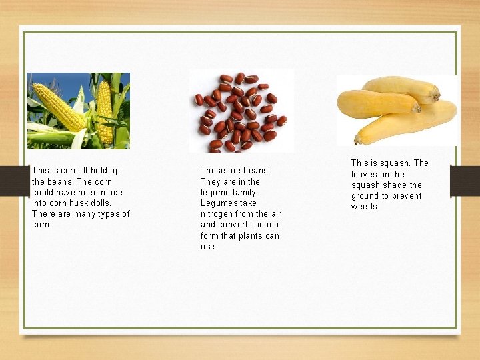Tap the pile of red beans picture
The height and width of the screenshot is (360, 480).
pyautogui.click(x=241, y=111)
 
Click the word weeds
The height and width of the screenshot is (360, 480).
pyautogui.click(x=365, y=207)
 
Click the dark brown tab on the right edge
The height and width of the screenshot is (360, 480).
pyautogui.click(x=465, y=181)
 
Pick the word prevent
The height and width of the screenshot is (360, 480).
pyautogui.click(x=407, y=196)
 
